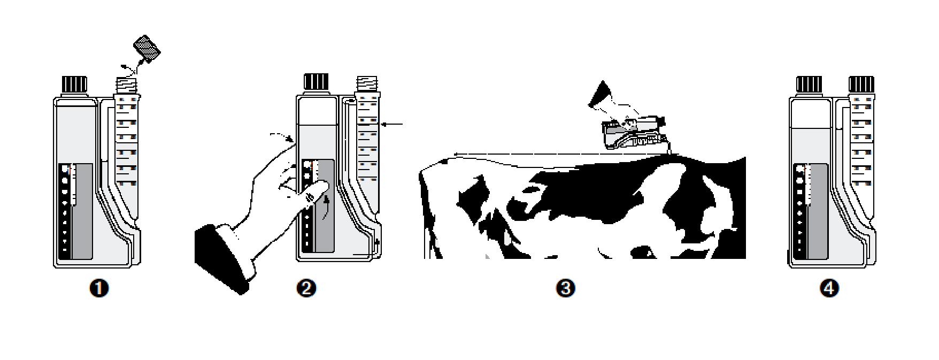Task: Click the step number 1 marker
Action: tap(99, 289)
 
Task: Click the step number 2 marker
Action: tap(306, 289)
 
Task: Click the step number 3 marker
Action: tap(566, 289)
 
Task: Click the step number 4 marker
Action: tap(829, 289)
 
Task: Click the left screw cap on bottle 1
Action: tap(75, 85)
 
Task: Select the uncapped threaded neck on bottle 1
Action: tap(128, 85)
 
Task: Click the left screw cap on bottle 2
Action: tap(317, 81)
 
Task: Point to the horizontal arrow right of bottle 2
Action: tap(393, 125)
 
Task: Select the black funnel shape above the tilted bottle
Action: tap(600, 96)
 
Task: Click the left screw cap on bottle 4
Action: tap(809, 85)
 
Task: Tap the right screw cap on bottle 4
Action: tap(861, 85)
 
